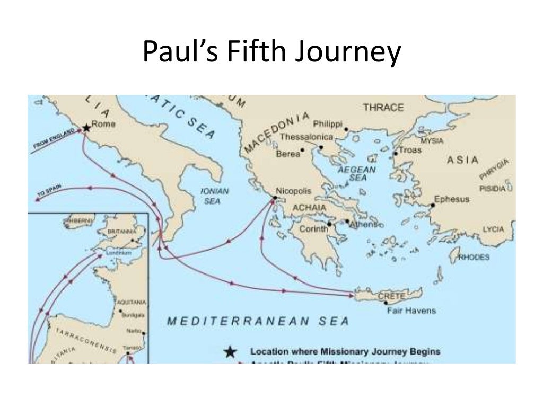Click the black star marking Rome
click(86, 128)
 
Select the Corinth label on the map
click(314, 229)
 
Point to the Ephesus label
click(452, 200)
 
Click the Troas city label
click(410, 150)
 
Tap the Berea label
click(288, 154)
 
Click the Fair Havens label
click(411, 311)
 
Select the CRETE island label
click(392, 295)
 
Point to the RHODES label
click(474, 258)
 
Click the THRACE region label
click(383, 108)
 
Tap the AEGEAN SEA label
click(357, 174)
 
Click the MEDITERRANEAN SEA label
click(258, 321)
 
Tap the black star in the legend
click(230, 351)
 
